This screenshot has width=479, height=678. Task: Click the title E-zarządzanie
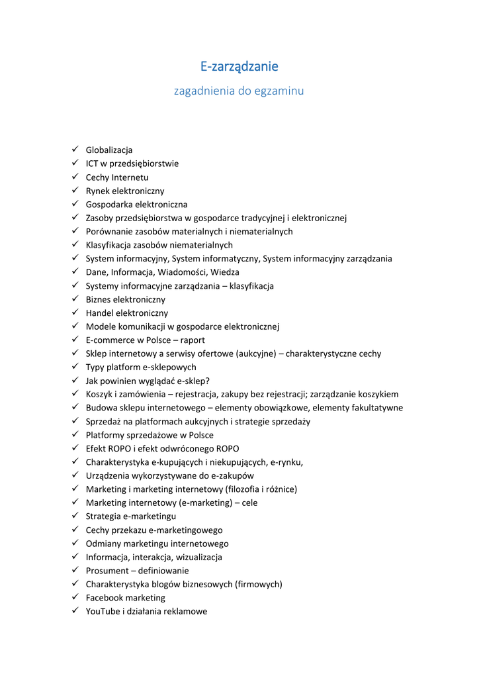pyautogui.click(x=239, y=66)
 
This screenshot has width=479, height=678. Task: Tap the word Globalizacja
pyautogui.click(x=109, y=150)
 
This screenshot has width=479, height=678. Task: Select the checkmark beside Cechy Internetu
pyautogui.click(x=75, y=177)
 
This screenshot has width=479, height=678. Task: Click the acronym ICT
pyautogui.click(x=93, y=164)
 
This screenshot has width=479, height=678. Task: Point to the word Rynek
pyautogui.click(x=97, y=191)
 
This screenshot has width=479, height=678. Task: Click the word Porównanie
pyautogui.click(x=110, y=232)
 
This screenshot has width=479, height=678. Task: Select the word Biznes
pyautogui.click(x=100, y=299)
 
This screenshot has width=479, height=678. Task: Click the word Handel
pyautogui.click(x=100, y=313)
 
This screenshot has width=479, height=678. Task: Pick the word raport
pyautogui.click(x=192, y=340)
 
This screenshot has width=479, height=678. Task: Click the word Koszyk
pyautogui.click(x=99, y=394)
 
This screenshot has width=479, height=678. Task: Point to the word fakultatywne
pyautogui.click(x=374, y=408)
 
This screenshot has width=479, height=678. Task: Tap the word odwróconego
pyautogui.click(x=185, y=448)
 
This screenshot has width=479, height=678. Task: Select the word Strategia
pyautogui.click(x=105, y=516)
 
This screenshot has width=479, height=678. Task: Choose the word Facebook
pyautogui.click(x=105, y=598)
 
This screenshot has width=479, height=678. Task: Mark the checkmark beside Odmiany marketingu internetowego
pyautogui.click(x=75, y=543)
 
